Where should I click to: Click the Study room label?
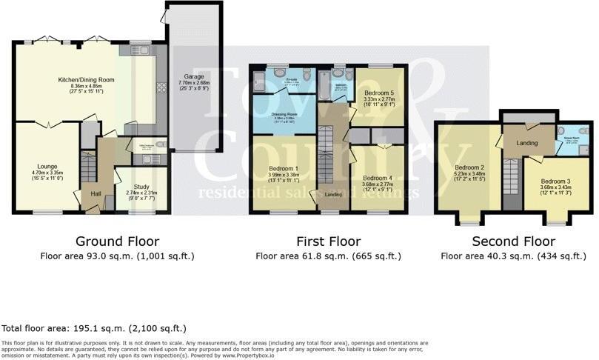point(141,187)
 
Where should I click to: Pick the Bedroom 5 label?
point(380,93)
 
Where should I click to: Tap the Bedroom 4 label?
point(378,179)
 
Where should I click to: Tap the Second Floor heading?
point(513,241)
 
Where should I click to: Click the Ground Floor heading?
point(117,241)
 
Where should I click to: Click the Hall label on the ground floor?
point(96,194)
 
